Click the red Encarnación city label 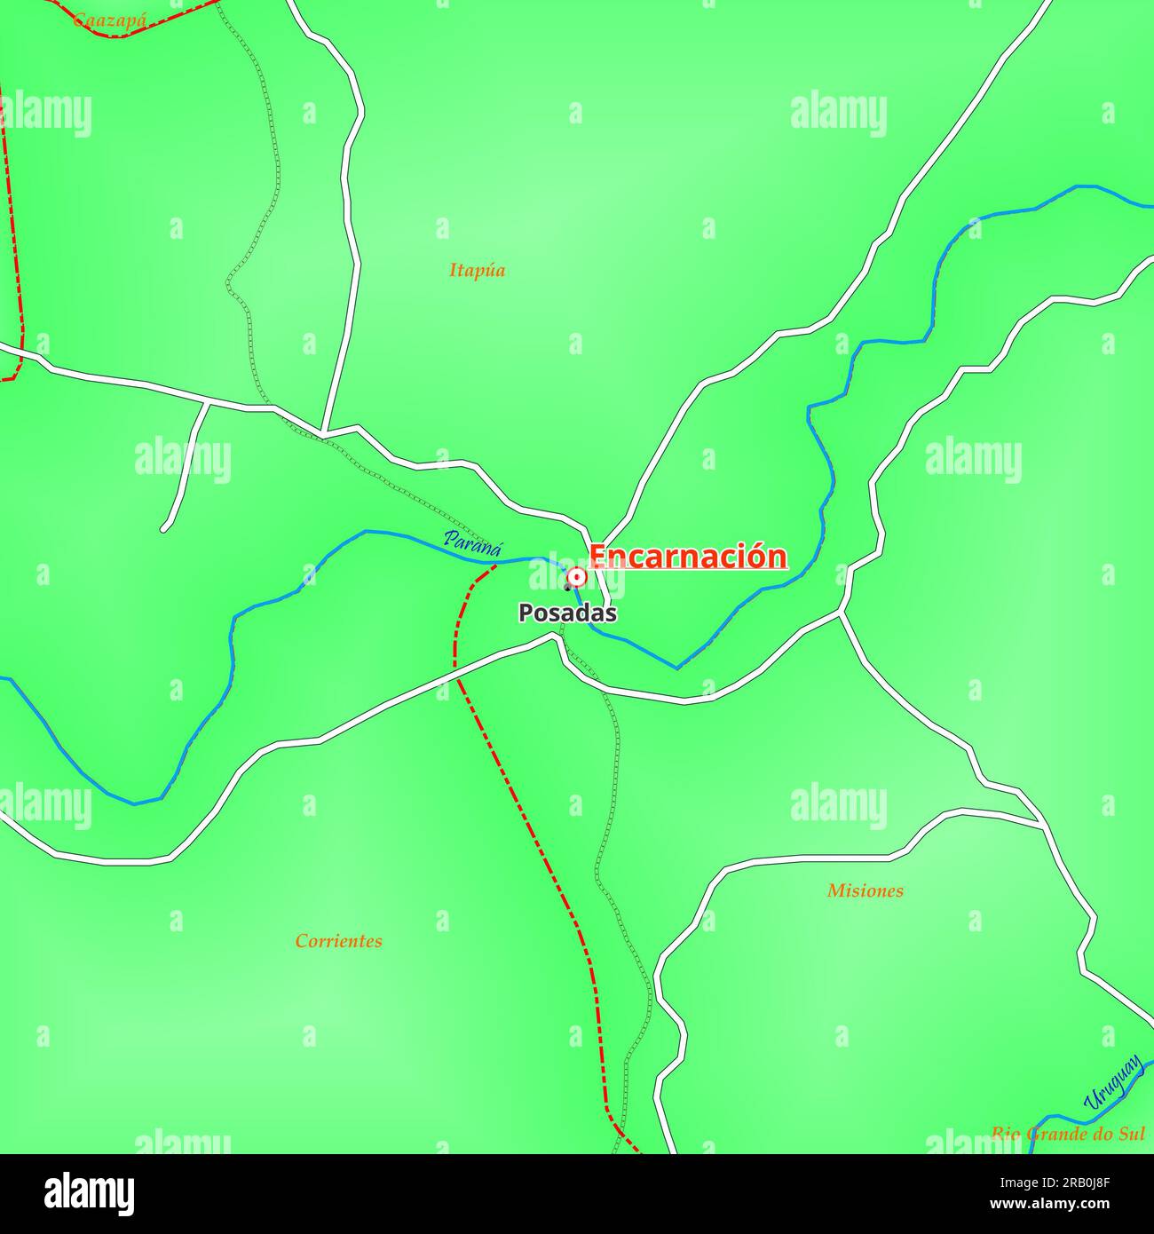688,557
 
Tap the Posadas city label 567,613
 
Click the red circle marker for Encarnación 577,578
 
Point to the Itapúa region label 477,271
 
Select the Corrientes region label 339,941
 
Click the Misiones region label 865,890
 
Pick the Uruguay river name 1113,1082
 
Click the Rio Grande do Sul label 1067,1134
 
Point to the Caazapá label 109,19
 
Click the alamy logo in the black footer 90,1194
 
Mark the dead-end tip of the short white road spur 164,529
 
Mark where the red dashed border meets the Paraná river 495,564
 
